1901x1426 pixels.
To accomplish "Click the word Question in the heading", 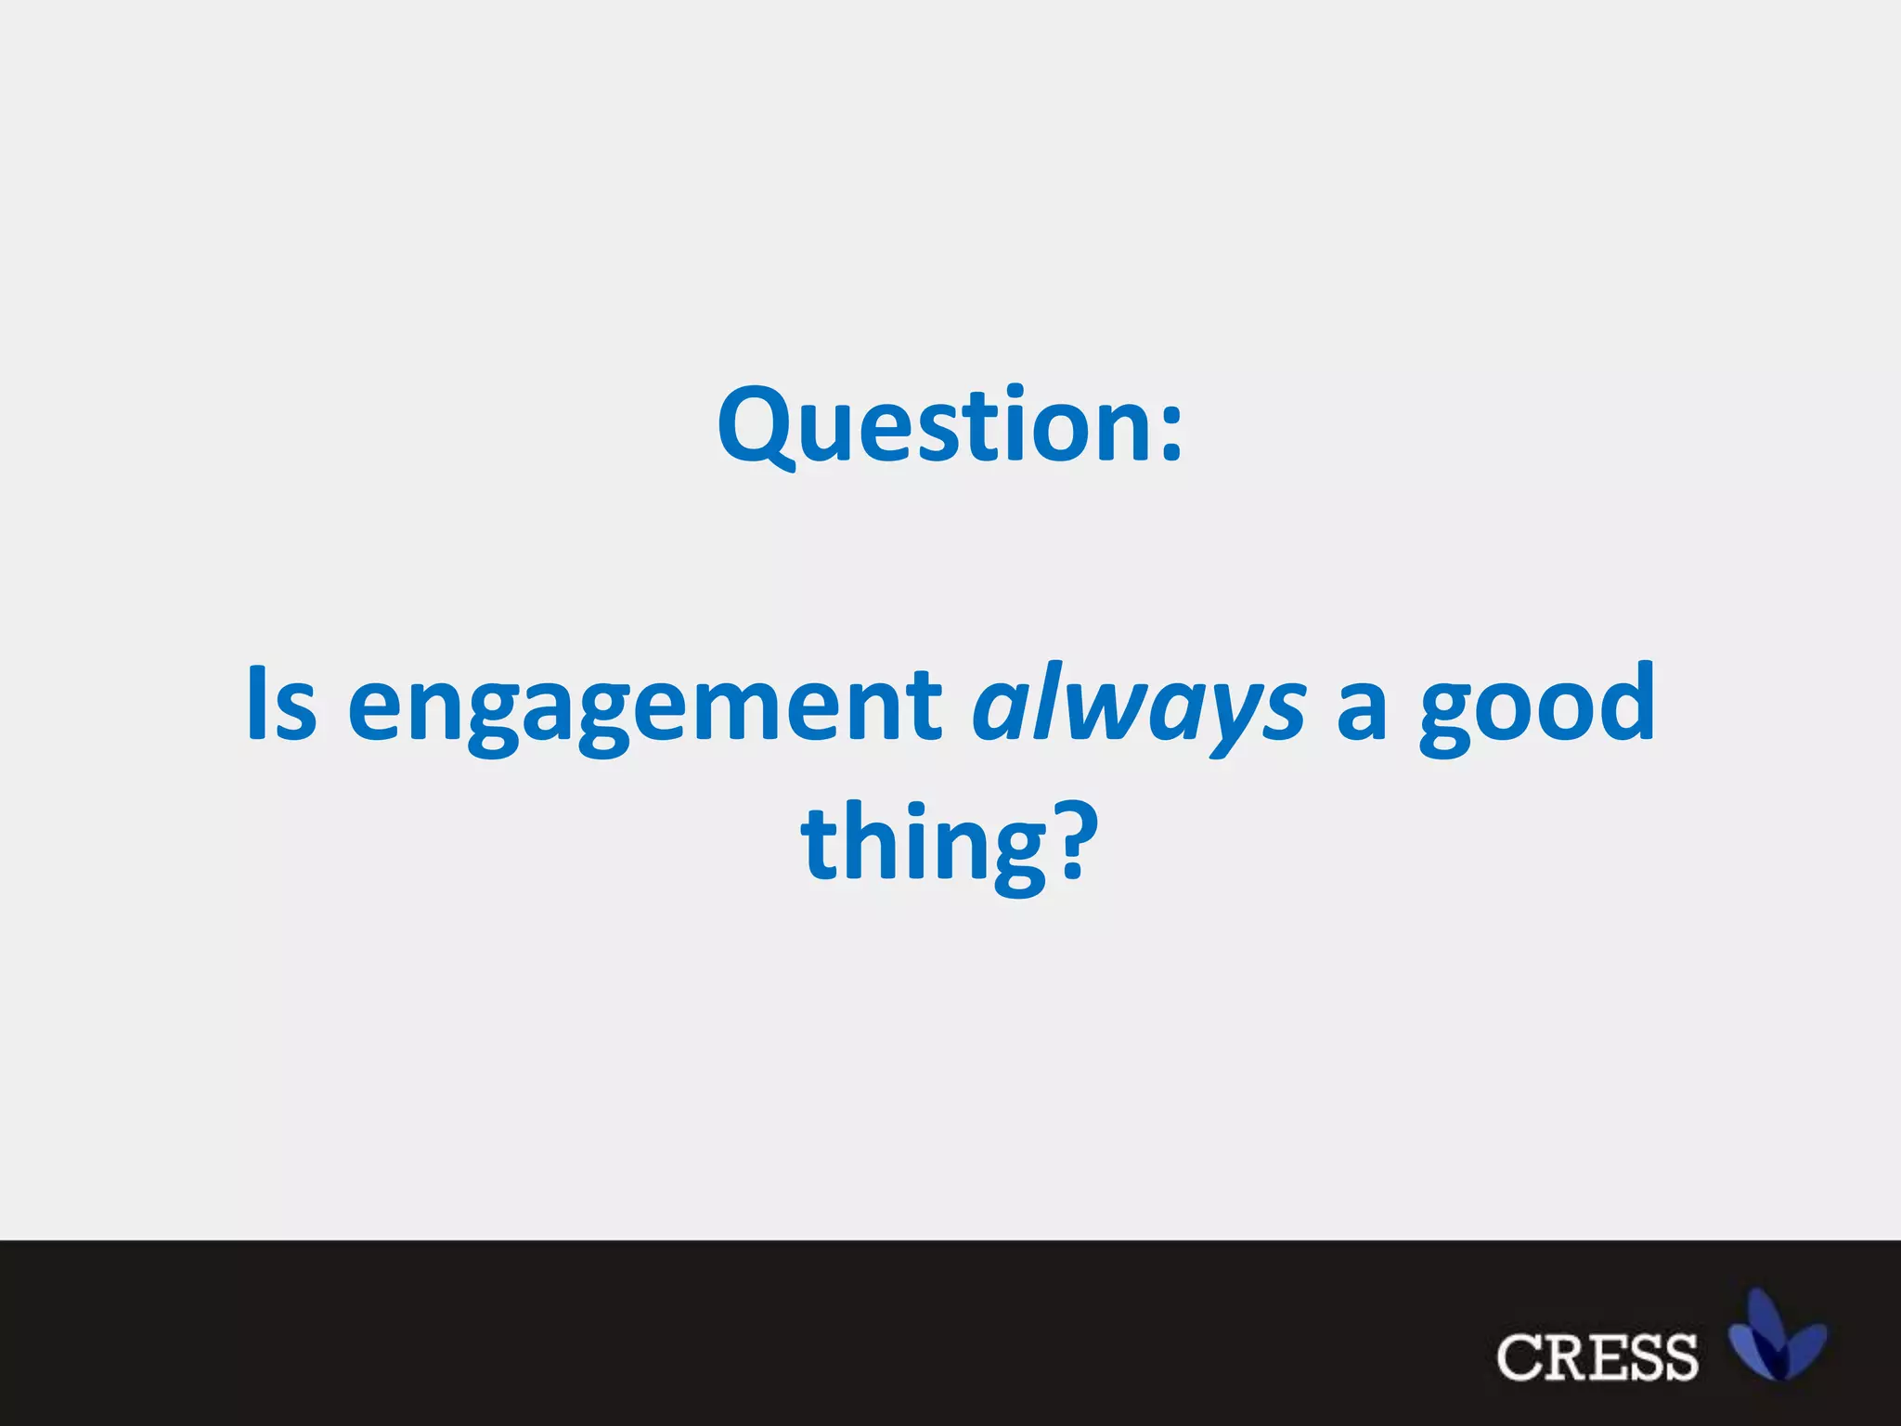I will pyautogui.click(x=933, y=425).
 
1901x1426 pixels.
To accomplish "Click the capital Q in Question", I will pyautogui.click(x=758, y=425).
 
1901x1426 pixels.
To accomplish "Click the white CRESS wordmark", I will pyautogui.click(x=1597, y=1357).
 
